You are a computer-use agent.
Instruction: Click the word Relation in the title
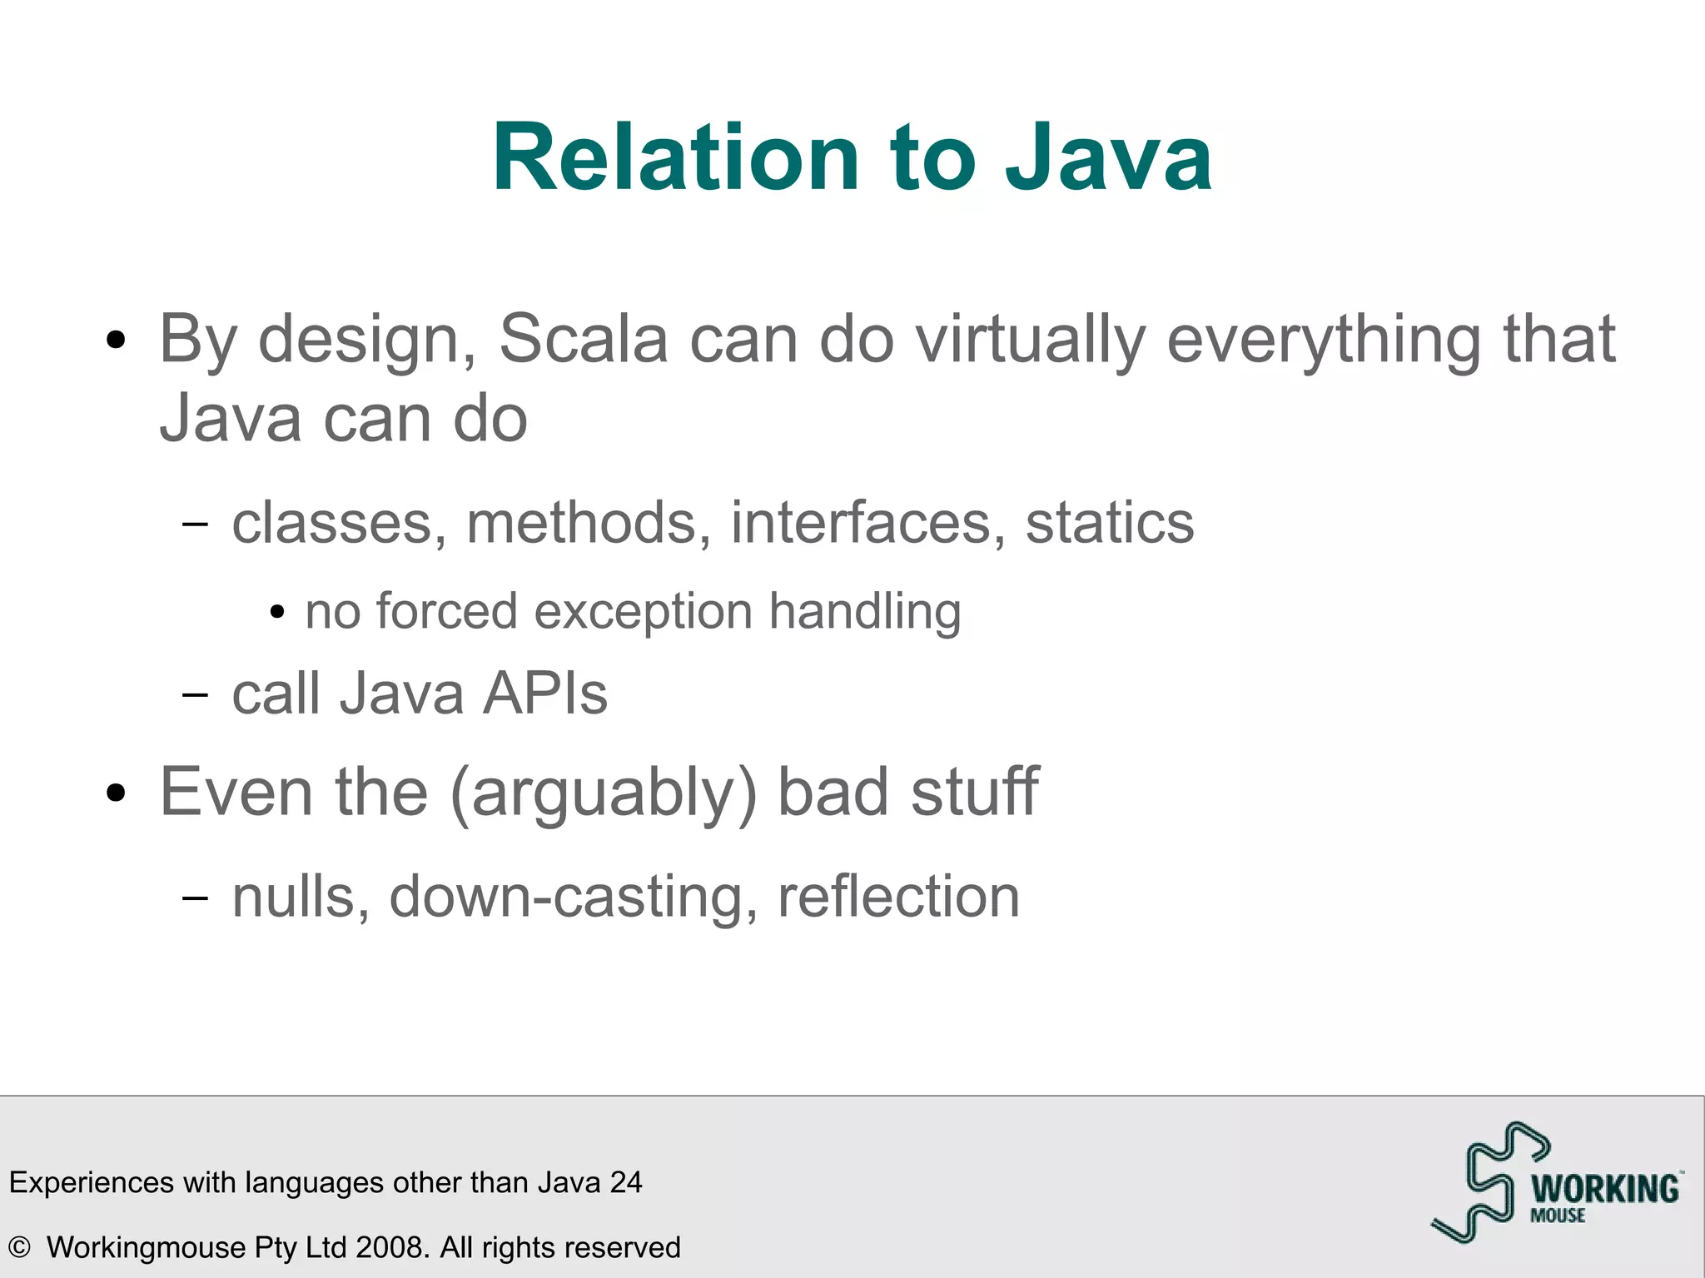coord(675,158)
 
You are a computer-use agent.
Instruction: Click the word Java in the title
coord(1108,158)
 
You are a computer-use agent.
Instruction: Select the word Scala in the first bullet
coord(583,340)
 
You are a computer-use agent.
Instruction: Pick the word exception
coord(643,612)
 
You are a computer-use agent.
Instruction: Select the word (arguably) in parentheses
coord(604,793)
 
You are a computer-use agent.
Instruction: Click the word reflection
coord(898,897)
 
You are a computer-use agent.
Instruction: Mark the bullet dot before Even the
coord(117,793)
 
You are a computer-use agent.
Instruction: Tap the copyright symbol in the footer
coord(19,1247)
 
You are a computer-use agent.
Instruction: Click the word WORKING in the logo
coord(1605,1189)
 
